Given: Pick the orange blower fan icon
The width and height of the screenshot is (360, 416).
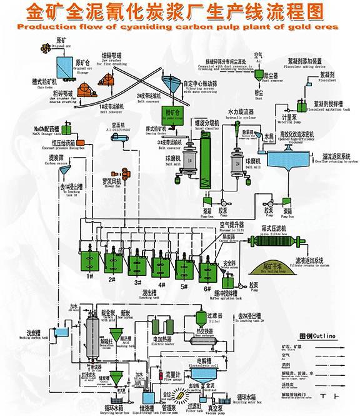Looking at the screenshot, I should tap(126, 173).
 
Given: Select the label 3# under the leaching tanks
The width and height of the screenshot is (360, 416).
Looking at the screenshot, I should tap(137, 283).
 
